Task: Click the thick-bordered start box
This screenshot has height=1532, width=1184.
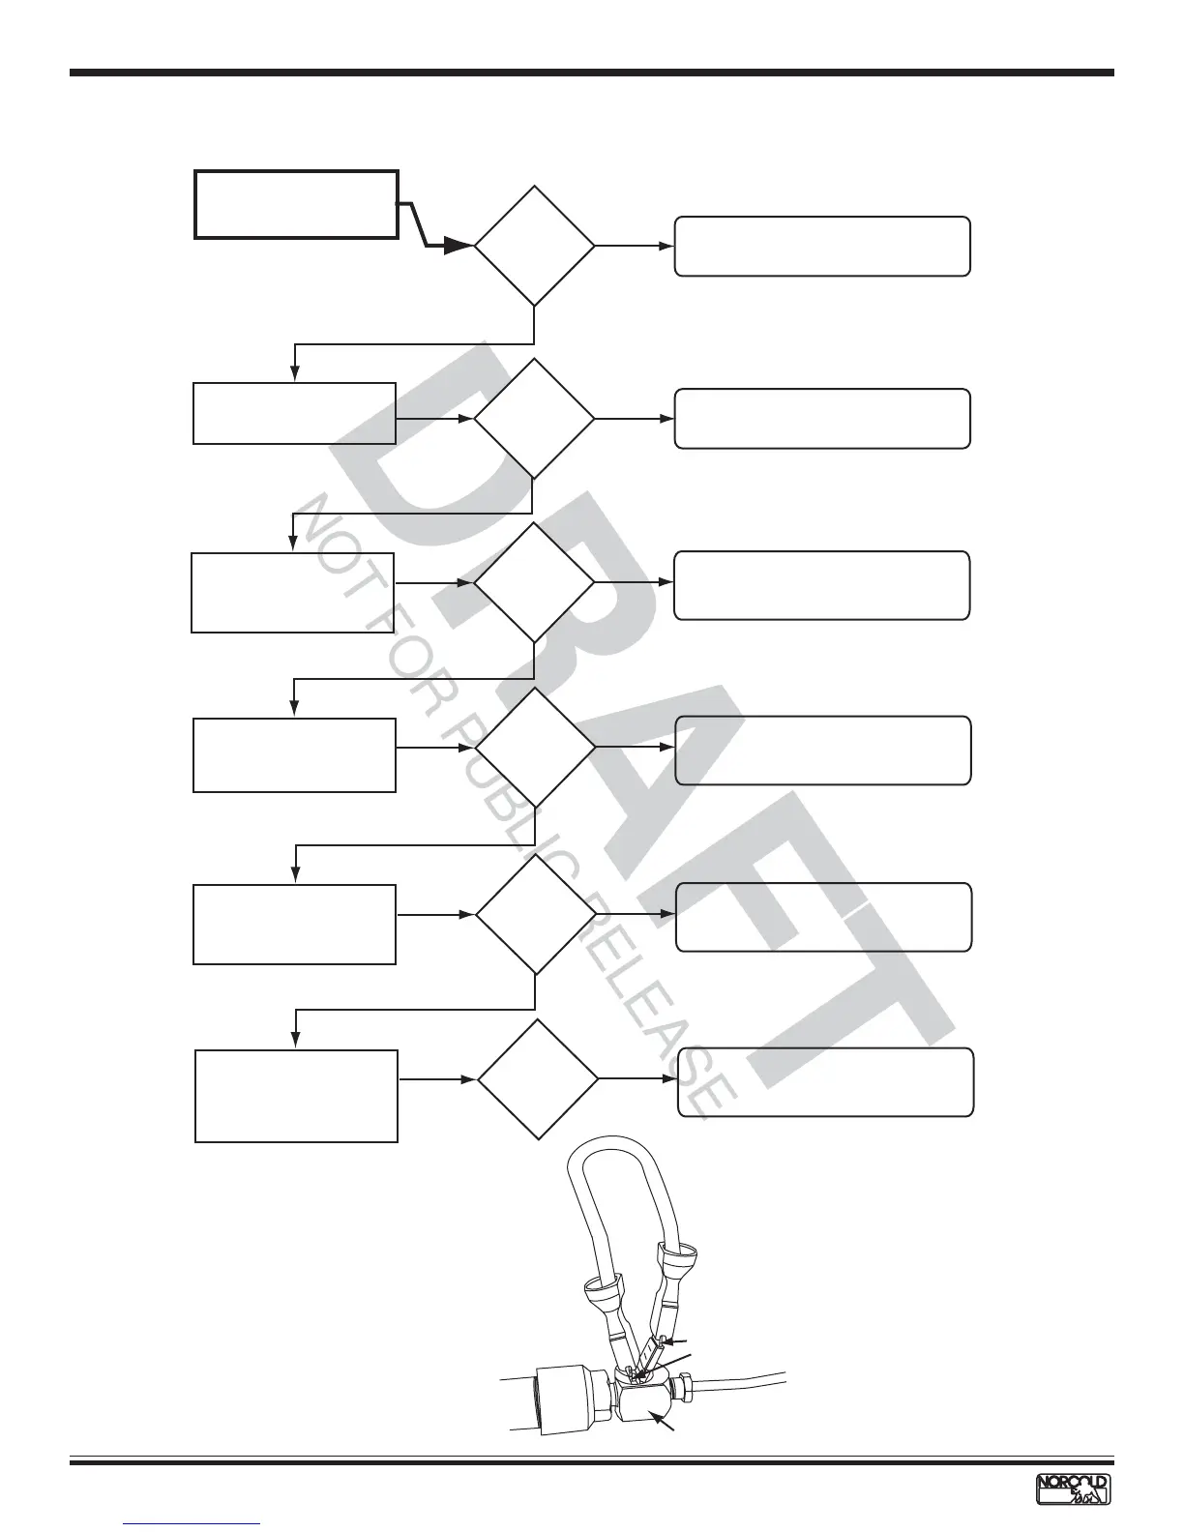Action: [x=296, y=204]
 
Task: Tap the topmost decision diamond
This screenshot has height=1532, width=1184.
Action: [x=534, y=246]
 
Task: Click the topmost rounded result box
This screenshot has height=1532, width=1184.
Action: [x=822, y=247]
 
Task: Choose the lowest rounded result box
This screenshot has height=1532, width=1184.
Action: [x=825, y=1082]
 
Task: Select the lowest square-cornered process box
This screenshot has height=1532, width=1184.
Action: [x=296, y=1096]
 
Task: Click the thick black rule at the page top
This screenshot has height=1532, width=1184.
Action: [x=591, y=73]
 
